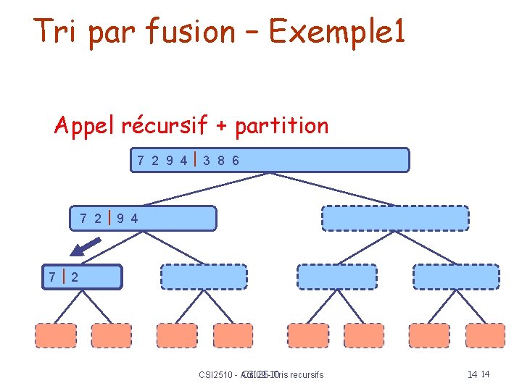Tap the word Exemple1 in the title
click(x=337, y=30)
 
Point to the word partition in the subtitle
click(x=282, y=126)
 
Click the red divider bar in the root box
click(x=196, y=159)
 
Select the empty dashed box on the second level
click(x=395, y=218)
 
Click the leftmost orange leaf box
click(x=56, y=335)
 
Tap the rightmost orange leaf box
click(x=484, y=335)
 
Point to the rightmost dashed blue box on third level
click(x=456, y=277)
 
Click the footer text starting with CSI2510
click(x=260, y=374)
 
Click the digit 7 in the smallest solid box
click(x=52, y=277)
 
